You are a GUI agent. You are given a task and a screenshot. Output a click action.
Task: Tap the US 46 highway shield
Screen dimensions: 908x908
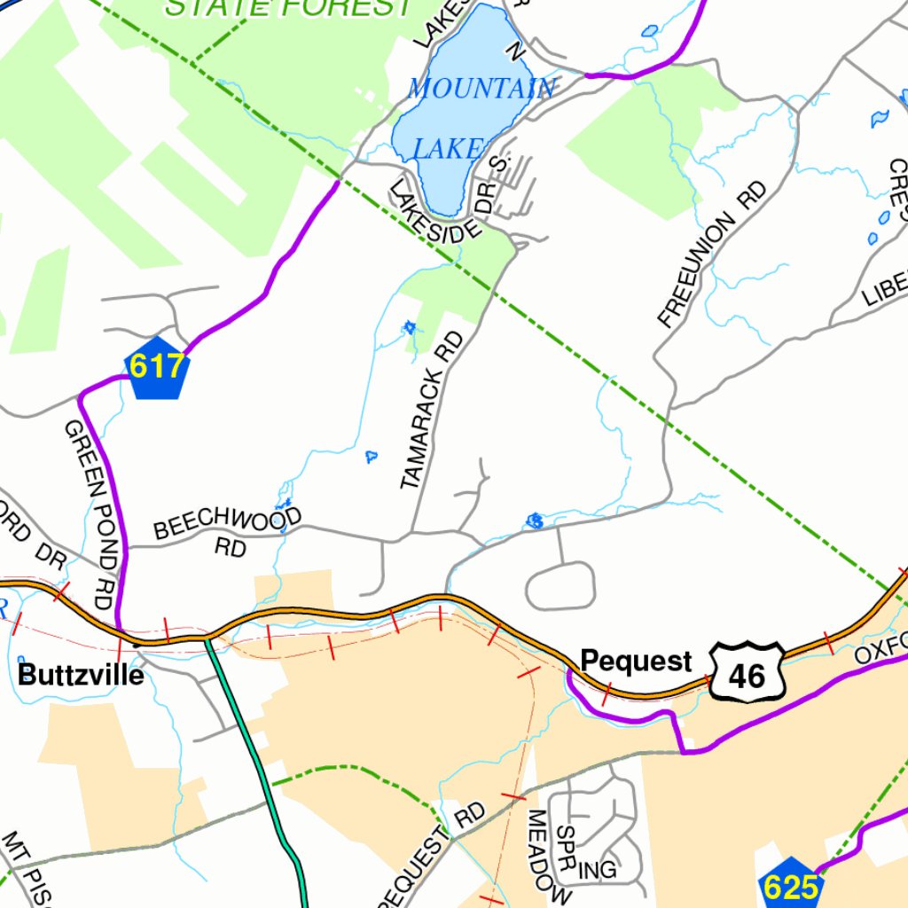click(748, 673)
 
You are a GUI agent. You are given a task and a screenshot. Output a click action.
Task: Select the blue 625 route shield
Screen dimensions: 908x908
click(791, 885)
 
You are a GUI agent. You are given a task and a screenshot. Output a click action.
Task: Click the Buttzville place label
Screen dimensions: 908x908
click(81, 676)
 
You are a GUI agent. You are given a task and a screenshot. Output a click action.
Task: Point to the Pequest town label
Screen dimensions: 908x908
click(636, 661)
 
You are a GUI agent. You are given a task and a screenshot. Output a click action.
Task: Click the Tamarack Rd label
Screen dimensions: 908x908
click(432, 410)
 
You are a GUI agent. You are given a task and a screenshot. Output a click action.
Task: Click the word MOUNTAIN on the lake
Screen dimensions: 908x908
click(481, 89)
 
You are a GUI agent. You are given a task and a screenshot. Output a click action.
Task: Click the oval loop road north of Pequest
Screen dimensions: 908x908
click(560, 586)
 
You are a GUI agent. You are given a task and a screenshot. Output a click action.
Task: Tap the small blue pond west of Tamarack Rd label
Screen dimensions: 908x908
click(372, 457)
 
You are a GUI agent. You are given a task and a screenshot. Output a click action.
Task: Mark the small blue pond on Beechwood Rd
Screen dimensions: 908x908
click(284, 523)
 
